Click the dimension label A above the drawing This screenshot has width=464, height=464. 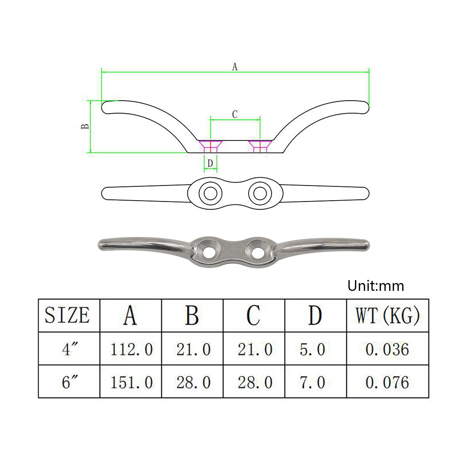(x=235, y=67)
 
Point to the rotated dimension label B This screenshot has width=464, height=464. (x=85, y=126)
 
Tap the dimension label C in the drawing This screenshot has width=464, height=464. (x=235, y=115)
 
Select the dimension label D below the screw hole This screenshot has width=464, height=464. (x=210, y=164)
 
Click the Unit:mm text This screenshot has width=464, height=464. (x=376, y=286)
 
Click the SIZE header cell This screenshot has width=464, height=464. (x=67, y=315)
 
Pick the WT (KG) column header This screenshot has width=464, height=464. (x=388, y=315)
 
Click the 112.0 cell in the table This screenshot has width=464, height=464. (x=131, y=349)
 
